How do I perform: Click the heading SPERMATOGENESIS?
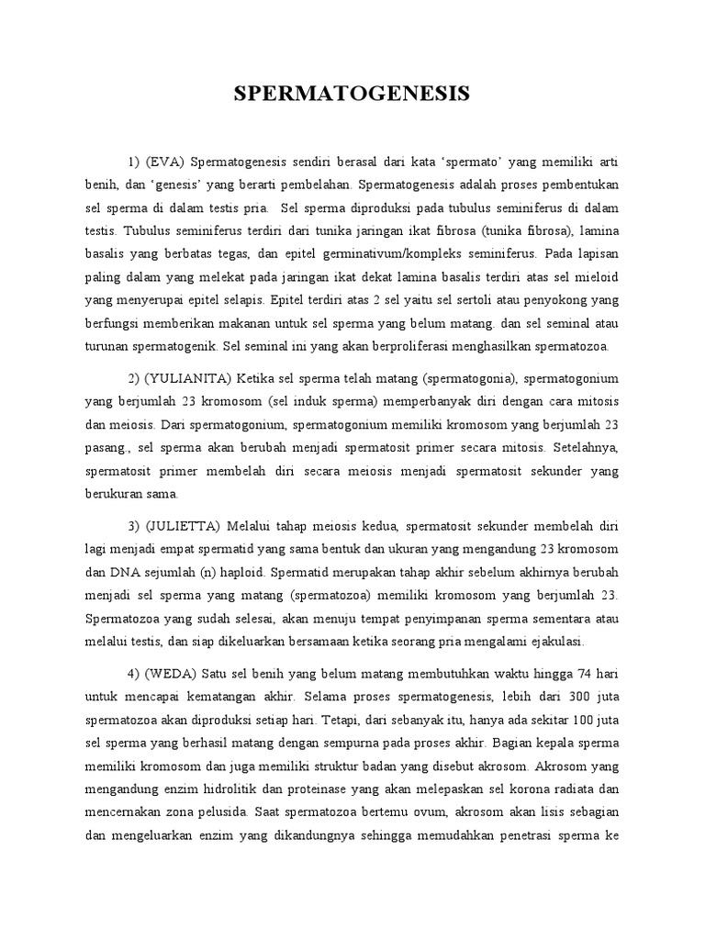point(352,94)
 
